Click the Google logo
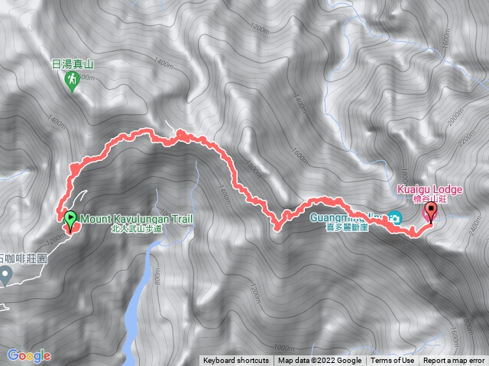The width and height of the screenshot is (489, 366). (30, 355)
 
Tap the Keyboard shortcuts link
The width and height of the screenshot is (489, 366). (236, 361)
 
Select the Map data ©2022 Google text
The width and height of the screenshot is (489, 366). (320, 361)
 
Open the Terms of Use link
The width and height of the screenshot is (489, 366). (393, 361)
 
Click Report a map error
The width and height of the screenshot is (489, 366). (454, 361)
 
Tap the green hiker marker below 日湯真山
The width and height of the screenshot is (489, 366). (73, 82)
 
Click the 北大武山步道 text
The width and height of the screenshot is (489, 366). (138, 228)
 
